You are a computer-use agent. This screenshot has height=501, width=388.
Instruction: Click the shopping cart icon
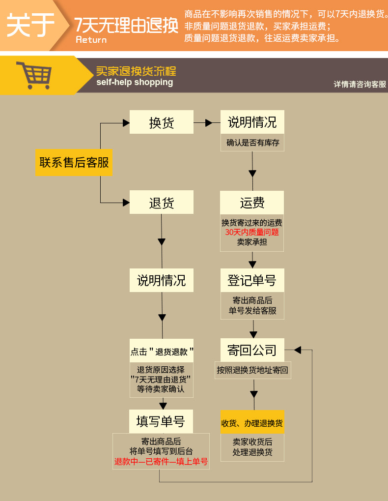33,75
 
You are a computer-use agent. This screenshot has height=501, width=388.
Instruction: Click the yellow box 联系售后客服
74,162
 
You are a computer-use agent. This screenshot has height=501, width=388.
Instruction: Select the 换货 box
161,122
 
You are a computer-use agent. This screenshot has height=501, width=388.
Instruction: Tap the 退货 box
161,203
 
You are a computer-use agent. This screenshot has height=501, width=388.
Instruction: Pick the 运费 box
252,203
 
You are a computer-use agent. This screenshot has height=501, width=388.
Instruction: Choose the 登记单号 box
252,281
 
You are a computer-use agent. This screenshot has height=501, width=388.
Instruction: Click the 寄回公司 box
252,351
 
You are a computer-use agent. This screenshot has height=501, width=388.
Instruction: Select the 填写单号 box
161,421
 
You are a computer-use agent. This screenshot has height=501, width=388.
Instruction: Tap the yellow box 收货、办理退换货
252,423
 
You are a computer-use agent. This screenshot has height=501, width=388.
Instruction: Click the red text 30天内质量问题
252,232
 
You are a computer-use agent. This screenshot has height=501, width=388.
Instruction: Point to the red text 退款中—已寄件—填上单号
161,462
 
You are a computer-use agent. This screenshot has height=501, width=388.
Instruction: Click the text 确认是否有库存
252,143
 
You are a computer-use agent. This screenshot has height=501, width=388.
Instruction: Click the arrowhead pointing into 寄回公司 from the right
297,350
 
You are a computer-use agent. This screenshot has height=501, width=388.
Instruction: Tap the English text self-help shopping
135,82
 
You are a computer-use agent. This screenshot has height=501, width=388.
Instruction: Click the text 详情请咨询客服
360,84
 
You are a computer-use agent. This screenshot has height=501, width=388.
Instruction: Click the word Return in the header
91,40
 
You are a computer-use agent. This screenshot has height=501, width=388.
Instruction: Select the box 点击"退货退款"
161,352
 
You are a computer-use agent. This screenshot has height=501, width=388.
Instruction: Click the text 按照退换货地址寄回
252,370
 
